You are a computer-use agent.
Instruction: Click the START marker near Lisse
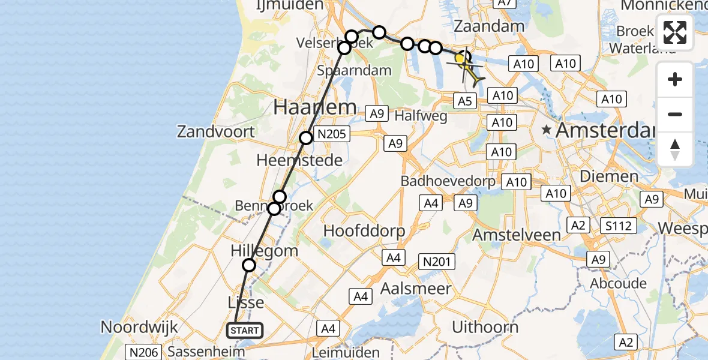pyautogui.click(x=245, y=330)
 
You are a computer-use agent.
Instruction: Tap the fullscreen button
pyautogui.click(x=675, y=32)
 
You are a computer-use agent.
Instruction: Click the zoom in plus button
pyautogui.click(x=675, y=79)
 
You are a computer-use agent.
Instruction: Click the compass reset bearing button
pyautogui.click(x=675, y=149)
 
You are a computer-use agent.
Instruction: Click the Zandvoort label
pyautogui.click(x=215, y=131)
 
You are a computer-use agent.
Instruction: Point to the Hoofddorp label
pyautogui.click(x=364, y=230)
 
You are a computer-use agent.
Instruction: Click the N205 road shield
pyautogui.click(x=332, y=134)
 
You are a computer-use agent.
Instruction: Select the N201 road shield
pyautogui.click(x=438, y=262)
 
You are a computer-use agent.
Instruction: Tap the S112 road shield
pyautogui.click(x=618, y=226)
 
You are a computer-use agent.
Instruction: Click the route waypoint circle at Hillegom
pyautogui.click(x=248, y=265)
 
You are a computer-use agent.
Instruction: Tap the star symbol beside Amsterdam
pyautogui.click(x=546, y=130)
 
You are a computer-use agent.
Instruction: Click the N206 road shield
pyautogui.click(x=143, y=352)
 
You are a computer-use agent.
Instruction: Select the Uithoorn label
pyautogui.click(x=485, y=328)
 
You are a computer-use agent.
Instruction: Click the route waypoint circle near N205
pyautogui.click(x=306, y=138)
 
